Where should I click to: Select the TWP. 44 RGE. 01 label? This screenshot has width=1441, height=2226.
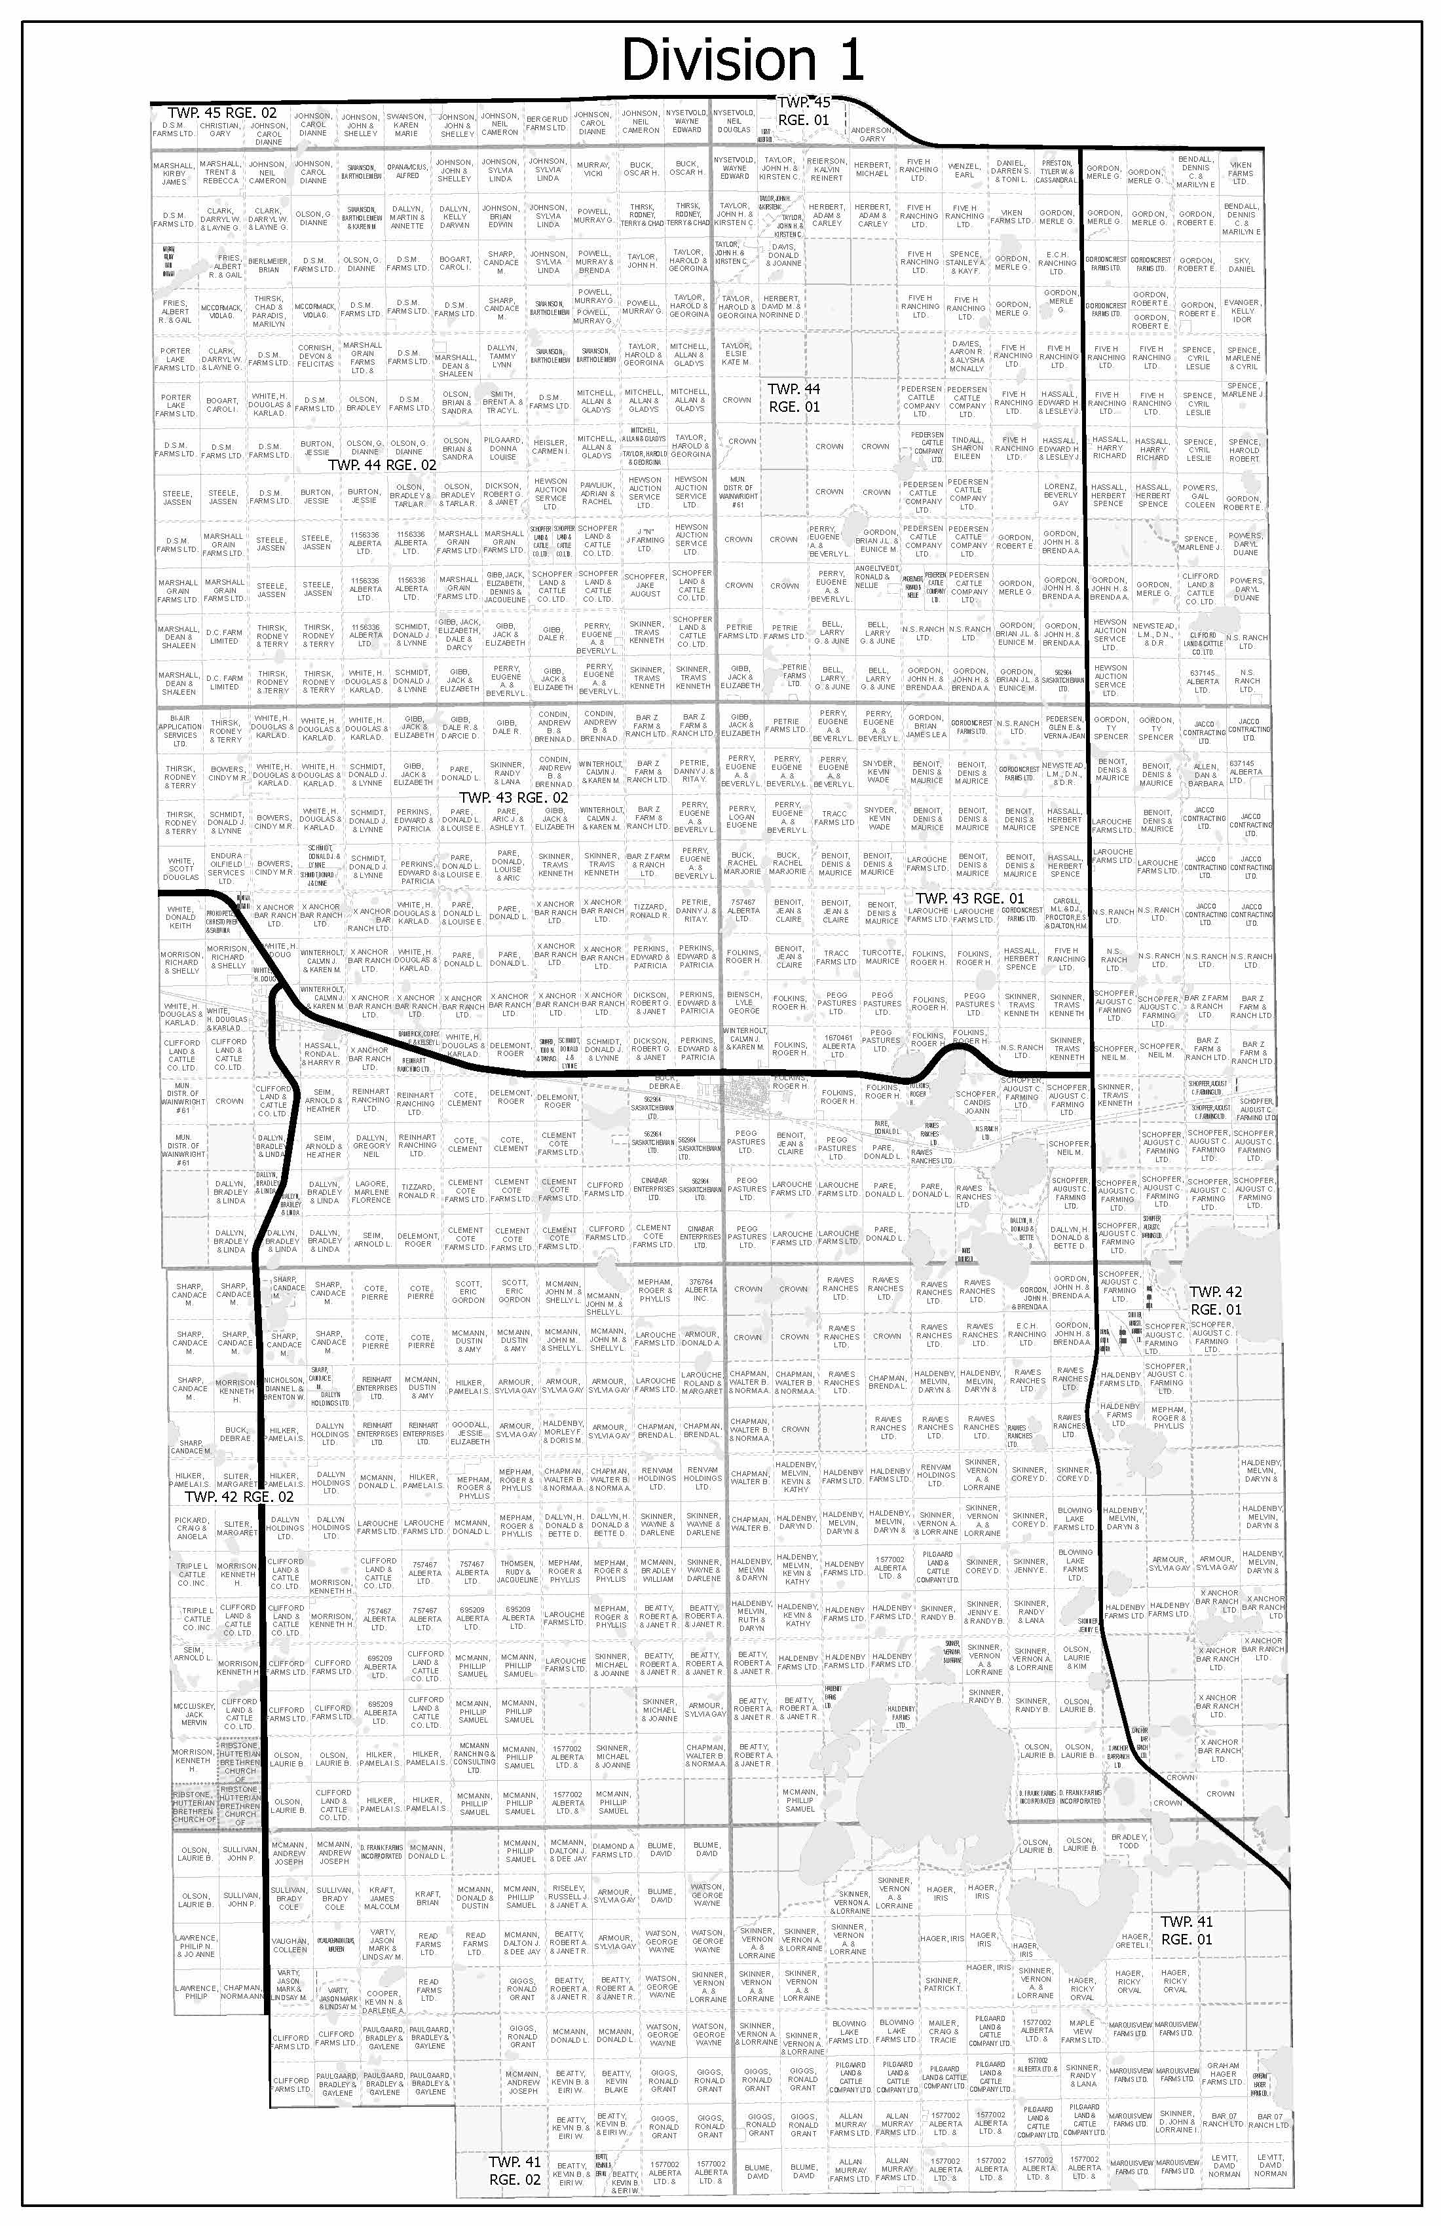[793, 397]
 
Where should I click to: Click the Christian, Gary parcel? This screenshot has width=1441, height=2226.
[220, 130]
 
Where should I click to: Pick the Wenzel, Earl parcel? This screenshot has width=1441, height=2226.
[964, 170]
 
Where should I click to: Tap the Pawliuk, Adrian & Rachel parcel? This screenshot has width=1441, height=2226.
[597, 493]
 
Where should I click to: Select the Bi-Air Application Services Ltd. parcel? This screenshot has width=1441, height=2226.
[179, 731]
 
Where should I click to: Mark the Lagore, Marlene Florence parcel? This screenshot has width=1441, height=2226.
[371, 1192]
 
